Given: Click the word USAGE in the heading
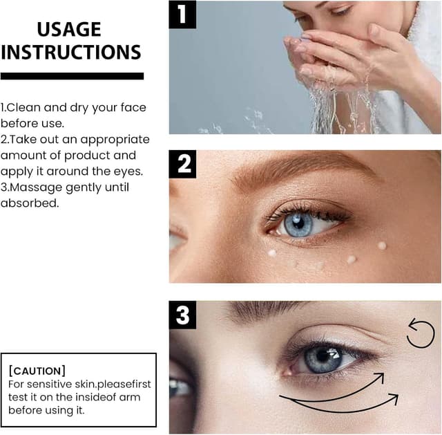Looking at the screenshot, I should (x=69, y=29).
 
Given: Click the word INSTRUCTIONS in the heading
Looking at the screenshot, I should (x=71, y=52).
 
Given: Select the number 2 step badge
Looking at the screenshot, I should (x=184, y=164).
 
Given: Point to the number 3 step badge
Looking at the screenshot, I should (x=183, y=316).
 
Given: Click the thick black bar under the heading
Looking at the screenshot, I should (x=72, y=76).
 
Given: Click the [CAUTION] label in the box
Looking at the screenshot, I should (x=37, y=370).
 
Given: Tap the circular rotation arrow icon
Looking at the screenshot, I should (x=420, y=333).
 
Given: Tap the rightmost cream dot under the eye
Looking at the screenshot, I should (x=382, y=246).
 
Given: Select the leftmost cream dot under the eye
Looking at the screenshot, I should (x=272, y=252).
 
